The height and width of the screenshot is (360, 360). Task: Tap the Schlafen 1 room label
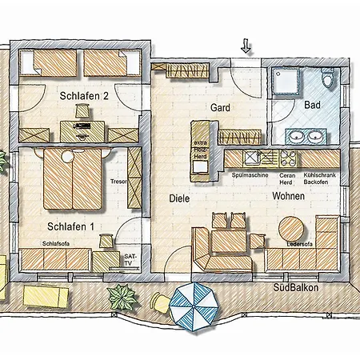coord(70,226)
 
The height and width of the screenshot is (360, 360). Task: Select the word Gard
coord(220,107)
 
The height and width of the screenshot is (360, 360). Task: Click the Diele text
coord(178,198)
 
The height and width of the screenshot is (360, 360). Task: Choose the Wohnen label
coord(288,196)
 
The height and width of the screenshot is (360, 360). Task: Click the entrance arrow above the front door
coord(246,47)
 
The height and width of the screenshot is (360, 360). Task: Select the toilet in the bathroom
coord(328,79)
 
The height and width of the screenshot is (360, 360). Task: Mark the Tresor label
coord(119,181)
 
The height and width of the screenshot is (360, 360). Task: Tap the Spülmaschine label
coord(249,174)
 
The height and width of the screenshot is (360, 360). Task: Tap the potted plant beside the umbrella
coord(122,298)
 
